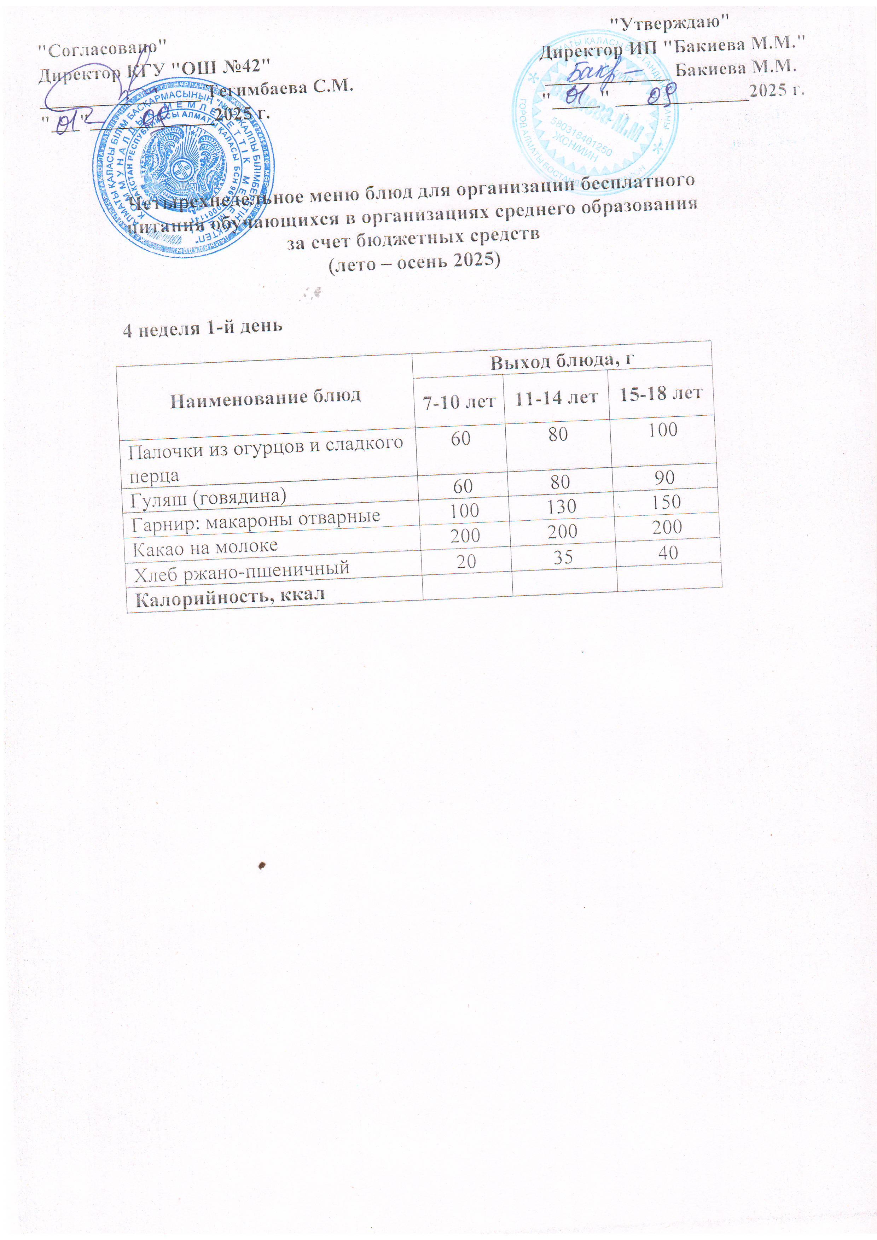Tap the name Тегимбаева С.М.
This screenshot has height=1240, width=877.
pos(281,88)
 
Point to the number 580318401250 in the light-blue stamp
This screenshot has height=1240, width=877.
pos(581,138)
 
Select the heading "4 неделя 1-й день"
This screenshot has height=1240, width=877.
pos(203,328)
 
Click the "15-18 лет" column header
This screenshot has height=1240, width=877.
pos(660,394)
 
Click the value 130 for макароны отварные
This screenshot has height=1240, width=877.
pos(562,507)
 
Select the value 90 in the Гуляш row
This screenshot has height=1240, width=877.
pos(664,478)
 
